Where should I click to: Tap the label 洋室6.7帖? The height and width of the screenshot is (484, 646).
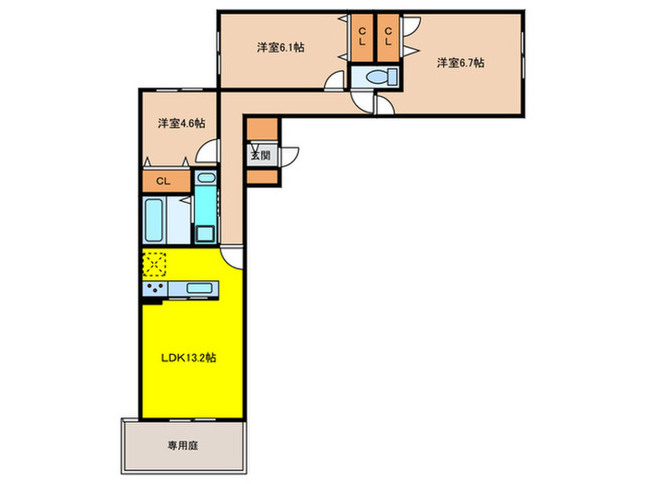pyautogui.click(x=461, y=63)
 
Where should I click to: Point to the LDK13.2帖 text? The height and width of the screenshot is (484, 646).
pyautogui.click(x=191, y=356)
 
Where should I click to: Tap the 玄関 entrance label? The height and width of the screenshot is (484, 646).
pyautogui.click(x=260, y=155)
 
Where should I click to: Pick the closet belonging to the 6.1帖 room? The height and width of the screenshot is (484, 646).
pyautogui.click(x=362, y=38)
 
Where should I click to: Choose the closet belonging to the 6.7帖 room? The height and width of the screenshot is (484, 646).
pyautogui.click(x=388, y=38)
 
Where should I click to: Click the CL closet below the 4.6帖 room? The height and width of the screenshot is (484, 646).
pyautogui.click(x=162, y=181)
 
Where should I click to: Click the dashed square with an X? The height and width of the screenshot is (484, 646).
pyautogui.click(x=154, y=264)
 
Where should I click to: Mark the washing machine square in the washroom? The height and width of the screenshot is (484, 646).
pyautogui.click(x=205, y=232)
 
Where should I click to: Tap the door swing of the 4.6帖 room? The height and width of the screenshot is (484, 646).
pyautogui.click(x=211, y=150)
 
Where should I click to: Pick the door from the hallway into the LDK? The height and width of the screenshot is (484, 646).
pyautogui.click(x=232, y=255)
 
